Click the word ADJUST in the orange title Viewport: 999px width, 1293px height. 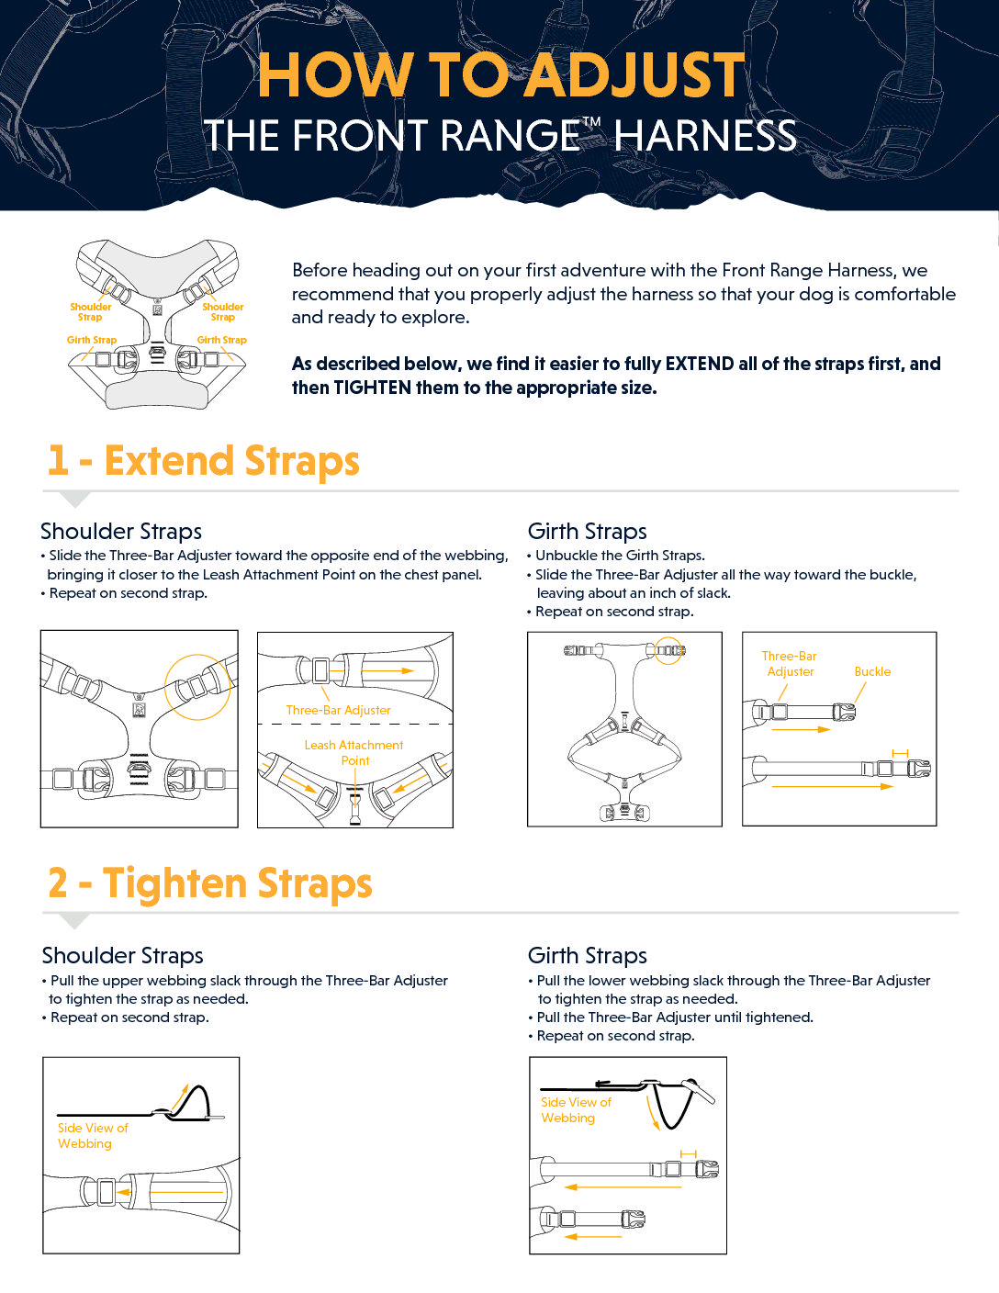pyautogui.click(x=634, y=75)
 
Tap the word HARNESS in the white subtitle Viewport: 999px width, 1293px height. pyautogui.click(x=705, y=136)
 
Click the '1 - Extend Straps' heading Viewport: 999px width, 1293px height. pyautogui.click(x=204, y=461)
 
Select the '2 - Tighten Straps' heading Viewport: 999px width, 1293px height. pyautogui.click(x=210, y=883)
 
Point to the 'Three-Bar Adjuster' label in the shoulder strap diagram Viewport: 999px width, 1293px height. pyautogui.click(x=338, y=710)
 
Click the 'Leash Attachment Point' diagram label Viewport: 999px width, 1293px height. pyautogui.click(x=354, y=753)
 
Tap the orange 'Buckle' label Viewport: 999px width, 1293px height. pyautogui.click(x=872, y=671)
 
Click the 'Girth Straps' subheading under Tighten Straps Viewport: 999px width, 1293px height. pyautogui.click(x=588, y=956)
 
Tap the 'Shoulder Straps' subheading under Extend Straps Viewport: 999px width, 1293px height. pyautogui.click(x=121, y=532)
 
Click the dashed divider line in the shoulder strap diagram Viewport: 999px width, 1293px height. pyautogui.click(x=355, y=725)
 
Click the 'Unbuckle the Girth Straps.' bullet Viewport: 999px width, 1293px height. pyautogui.click(x=616, y=556)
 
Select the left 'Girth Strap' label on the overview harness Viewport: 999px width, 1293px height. pyautogui.click(x=92, y=341)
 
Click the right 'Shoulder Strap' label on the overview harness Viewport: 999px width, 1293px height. pyautogui.click(x=223, y=312)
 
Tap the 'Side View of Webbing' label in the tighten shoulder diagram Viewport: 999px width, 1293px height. pyautogui.click(x=93, y=1136)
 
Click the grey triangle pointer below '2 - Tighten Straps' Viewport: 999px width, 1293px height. pyautogui.click(x=75, y=920)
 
